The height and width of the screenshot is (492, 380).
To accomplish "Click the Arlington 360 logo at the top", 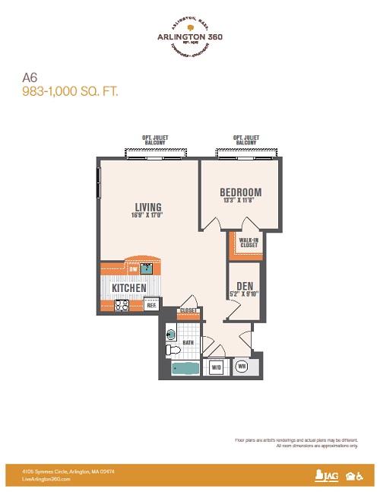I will [x=190, y=35].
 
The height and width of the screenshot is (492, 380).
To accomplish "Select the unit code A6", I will [x=30, y=77].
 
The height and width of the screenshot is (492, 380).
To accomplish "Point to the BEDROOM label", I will [x=240, y=192].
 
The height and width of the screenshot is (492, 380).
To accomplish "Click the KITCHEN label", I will [x=129, y=288].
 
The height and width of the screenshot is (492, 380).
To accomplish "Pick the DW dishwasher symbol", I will [x=132, y=268].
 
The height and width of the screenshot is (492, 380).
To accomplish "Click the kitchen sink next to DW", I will [x=148, y=268].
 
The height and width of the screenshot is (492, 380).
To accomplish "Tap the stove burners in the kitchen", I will [x=121, y=305].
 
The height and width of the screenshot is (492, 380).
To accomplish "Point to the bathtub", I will [x=184, y=369].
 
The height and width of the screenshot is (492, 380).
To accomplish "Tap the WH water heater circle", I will [x=242, y=366].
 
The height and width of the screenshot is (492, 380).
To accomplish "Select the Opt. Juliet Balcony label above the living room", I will [x=155, y=141].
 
